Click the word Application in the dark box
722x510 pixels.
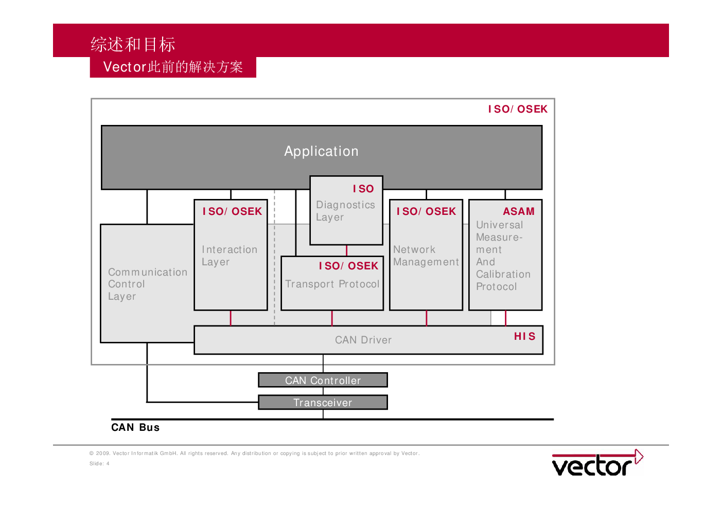321,151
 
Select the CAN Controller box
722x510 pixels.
323,380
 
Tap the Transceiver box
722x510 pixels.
323,403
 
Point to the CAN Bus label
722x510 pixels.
135,427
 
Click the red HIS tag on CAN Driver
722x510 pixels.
524,336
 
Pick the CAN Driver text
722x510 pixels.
363,340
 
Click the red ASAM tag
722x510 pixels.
519,211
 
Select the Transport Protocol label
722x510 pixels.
332,284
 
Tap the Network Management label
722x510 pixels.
426,256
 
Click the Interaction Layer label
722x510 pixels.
230,256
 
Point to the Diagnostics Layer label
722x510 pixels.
345,211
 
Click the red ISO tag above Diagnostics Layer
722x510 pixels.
363,189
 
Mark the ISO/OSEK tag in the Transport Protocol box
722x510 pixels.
348,266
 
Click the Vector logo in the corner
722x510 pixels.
597,463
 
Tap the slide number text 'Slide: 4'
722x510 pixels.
99,464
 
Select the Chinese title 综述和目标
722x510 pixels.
133,44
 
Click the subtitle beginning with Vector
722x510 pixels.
173,67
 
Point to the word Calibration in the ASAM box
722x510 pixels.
503,275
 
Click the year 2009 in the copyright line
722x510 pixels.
103,453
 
